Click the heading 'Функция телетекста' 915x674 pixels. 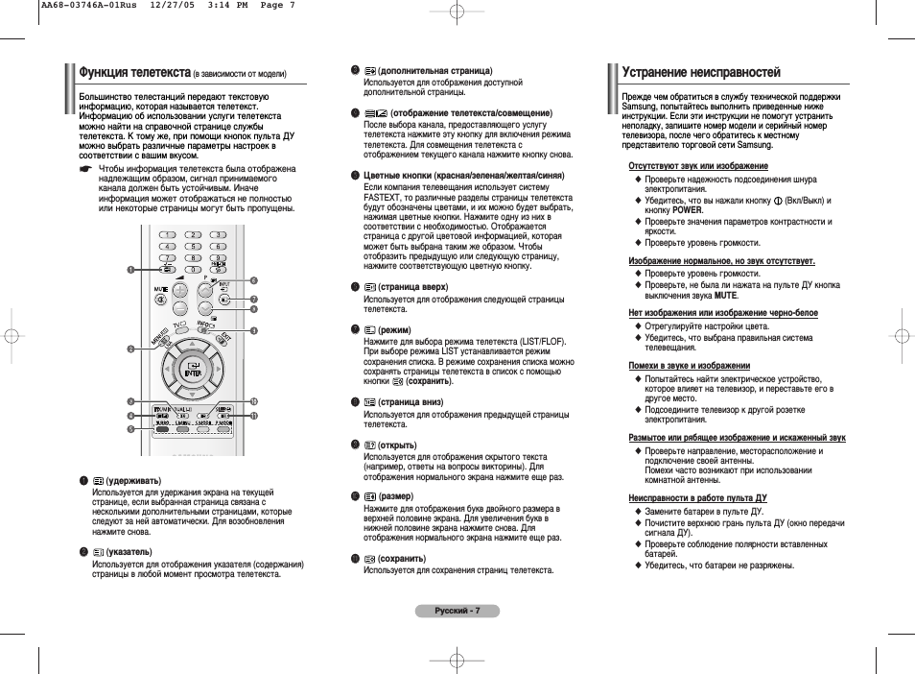(x=135, y=72)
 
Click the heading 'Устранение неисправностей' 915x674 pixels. (x=701, y=72)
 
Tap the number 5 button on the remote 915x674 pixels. (x=193, y=246)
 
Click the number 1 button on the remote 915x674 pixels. (x=168, y=234)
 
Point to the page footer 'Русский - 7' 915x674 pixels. (x=457, y=611)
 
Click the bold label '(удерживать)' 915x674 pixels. (x=133, y=480)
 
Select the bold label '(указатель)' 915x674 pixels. (x=129, y=552)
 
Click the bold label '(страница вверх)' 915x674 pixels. (x=413, y=287)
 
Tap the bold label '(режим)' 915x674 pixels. (x=396, y=329)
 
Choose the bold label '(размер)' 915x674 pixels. (x=396, y=495)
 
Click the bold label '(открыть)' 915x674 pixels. (x=398, y=445)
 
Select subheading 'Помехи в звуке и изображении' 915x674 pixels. (x=689, y=366)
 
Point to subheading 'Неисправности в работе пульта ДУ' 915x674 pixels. (x=697, y=498)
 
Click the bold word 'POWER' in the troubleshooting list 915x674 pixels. (x=687, y=209)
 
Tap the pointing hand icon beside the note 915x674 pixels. (x=85, y=169)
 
